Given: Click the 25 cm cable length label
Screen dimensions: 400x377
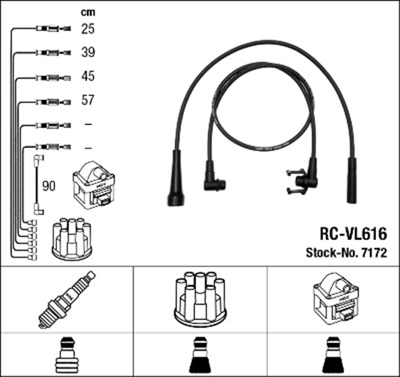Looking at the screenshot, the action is pos(88,29).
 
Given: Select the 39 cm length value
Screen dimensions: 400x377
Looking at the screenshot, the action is pos(88,53).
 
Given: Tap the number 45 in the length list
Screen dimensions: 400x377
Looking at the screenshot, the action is pos(88,76).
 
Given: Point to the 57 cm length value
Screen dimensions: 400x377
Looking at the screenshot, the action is pos(88,100).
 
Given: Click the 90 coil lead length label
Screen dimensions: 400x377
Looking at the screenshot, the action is pos(49,186).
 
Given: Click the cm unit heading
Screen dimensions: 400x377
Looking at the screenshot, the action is pos(88,13).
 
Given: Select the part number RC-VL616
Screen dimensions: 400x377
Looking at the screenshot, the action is pos(353,234).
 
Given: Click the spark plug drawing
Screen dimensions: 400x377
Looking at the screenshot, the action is pos(67,299).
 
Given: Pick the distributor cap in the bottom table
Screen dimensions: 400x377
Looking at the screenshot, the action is pos(200,299).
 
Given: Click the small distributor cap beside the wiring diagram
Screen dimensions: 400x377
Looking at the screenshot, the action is pos(72,239).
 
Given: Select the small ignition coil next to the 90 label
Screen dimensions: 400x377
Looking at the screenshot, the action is pos(94,185).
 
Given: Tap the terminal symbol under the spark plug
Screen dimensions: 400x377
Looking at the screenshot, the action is pos(67,355).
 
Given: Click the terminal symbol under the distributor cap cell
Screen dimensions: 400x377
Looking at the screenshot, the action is pos(200,355).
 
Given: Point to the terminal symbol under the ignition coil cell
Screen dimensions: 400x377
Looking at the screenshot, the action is pos(333,355).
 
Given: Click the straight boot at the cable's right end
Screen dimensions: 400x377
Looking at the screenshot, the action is pos(351,181).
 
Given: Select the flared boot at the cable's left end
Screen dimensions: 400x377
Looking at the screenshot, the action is pos(176,178).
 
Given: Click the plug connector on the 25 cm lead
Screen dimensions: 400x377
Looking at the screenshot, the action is pos(53,28).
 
